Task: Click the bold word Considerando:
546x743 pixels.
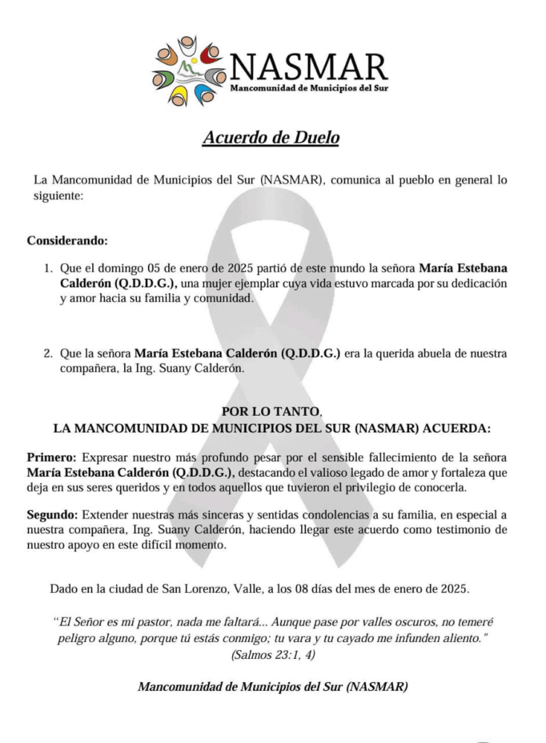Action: click(67, 240)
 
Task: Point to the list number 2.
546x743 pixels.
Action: click(49, 354)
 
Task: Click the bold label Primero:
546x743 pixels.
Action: click(51, 458)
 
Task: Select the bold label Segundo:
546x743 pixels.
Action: click(53, 515)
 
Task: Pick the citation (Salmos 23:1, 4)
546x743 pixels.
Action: click(273, 655)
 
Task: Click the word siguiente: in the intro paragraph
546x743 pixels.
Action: click(58, 196)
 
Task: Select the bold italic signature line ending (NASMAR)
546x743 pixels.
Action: click(273, 686)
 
